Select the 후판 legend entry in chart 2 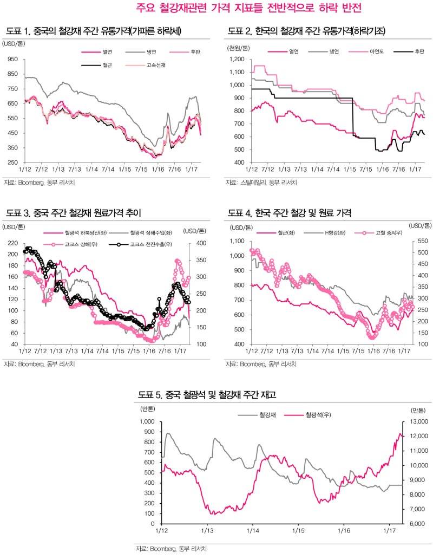pos(418,52)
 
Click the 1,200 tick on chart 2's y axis pos(237,60)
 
